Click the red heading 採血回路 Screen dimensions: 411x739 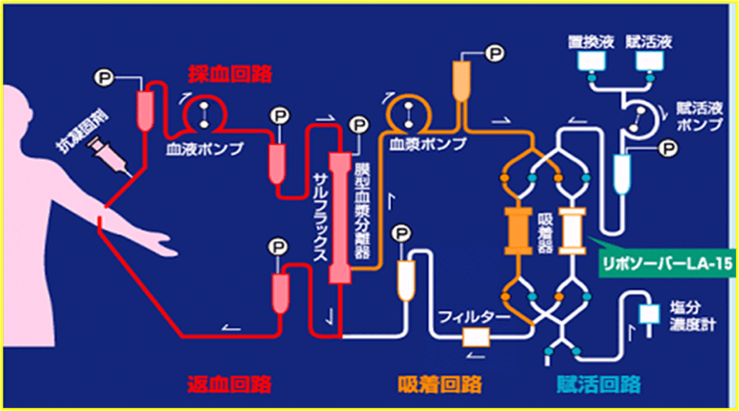pos(230,74)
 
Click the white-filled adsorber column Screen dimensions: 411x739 pos(573,230)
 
